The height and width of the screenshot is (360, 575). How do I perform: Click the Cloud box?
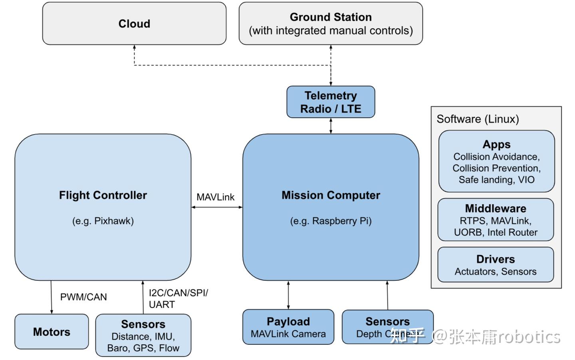(x=134, y=24)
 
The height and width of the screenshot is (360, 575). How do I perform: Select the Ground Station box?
(x=331, y=24)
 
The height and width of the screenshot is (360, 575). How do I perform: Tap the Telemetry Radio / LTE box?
(x=331, y=102)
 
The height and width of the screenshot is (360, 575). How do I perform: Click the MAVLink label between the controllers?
(x=215, y=197)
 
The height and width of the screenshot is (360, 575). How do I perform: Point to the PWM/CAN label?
(x=83, y=297)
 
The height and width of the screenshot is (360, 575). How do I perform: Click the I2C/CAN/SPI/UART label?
(x=178, y=299)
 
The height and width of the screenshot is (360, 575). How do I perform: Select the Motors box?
(x=52, y=332)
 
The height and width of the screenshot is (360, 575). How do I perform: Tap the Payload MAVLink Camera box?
(x=288, y=327)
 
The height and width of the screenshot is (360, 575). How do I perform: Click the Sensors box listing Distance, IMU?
(x=143, y=335)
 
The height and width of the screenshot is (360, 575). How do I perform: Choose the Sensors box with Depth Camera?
(x=387, y=327)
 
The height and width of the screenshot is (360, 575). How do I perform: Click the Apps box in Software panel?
(x=496, y=161)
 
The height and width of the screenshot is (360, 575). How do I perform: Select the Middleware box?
(x=496, y=220)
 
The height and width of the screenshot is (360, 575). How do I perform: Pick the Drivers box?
(x=496, y=265)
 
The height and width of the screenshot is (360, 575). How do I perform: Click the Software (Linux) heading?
(x=478, y=119)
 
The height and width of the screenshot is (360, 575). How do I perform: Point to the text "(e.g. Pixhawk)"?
(x=103, y=221)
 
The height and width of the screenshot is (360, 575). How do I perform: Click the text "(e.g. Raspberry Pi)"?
(x=331, y=221)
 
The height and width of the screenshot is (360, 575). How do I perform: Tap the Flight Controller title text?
(x=103, y=195)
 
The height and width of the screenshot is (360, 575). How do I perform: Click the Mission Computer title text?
(x=331, y=195)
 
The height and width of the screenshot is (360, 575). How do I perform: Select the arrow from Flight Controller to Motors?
(x=51, y=297)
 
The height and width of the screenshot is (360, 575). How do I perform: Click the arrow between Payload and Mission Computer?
(x=288, y=295)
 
